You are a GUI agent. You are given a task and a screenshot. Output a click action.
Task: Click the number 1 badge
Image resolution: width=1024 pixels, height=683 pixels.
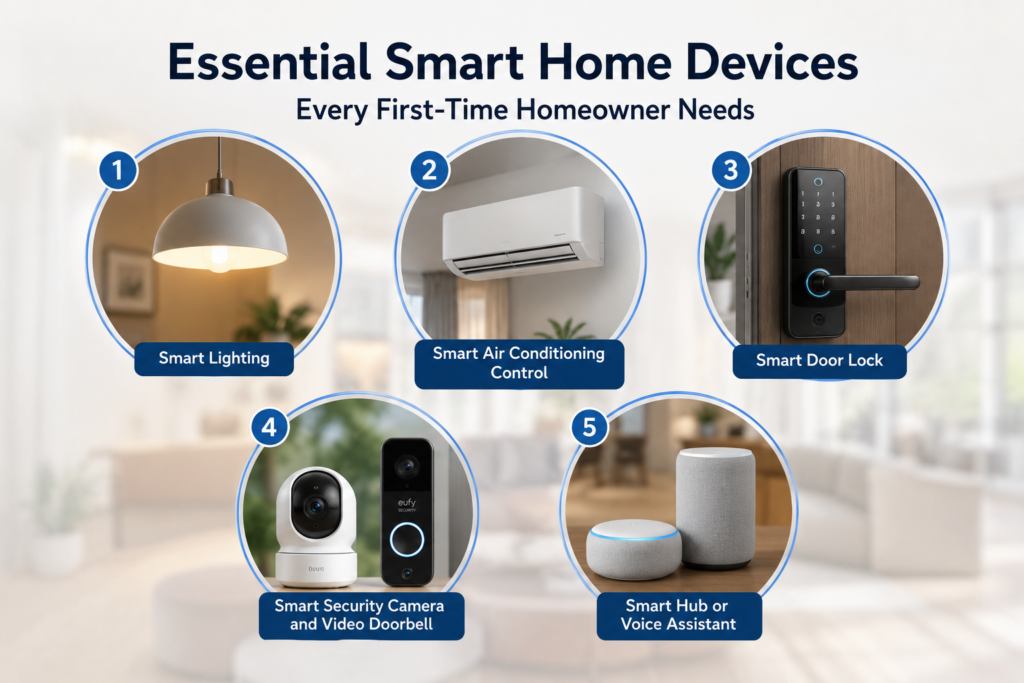point(118,170)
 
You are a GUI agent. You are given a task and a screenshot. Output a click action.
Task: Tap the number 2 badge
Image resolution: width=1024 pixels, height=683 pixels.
point(430,170)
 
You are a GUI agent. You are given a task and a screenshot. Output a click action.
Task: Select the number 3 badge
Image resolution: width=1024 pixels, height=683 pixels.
point(731,170)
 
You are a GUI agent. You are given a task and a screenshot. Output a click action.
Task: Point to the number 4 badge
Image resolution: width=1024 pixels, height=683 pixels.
point(270,427)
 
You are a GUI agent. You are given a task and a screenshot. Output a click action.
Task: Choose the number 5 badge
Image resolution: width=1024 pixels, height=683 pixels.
point(589,427)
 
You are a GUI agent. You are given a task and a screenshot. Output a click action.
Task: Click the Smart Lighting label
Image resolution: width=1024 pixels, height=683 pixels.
point(214,358)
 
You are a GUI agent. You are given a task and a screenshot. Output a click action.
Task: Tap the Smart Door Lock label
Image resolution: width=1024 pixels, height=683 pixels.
point(819,361)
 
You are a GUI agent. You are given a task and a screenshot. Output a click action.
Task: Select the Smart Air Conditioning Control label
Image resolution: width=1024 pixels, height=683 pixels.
point(519,364)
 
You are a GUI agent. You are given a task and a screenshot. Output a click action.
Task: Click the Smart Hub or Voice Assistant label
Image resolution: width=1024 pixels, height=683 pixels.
point(679,616)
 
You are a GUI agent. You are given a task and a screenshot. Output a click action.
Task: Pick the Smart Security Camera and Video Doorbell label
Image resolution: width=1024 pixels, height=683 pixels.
point(361,616)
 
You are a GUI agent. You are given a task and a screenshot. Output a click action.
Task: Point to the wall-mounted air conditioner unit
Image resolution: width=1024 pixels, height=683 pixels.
point(523,233)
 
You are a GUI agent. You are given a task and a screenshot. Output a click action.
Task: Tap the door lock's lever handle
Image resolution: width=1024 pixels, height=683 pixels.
point(862,283)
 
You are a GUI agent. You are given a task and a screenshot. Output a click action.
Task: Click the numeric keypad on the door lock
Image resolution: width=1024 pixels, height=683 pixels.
point(818,213)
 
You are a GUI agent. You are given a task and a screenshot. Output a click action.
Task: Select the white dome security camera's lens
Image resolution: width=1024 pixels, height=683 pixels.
point(316,506)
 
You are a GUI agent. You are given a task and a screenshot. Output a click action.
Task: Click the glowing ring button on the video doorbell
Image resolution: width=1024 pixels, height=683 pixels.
point(407,539)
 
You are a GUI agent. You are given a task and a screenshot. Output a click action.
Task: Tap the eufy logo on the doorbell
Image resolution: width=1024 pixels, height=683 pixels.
point(407,505)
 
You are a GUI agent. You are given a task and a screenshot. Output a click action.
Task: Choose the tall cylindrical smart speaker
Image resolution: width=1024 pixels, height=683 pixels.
point(716,507)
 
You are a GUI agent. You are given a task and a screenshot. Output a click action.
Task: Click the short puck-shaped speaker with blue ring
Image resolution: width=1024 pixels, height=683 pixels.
point(633,549)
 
